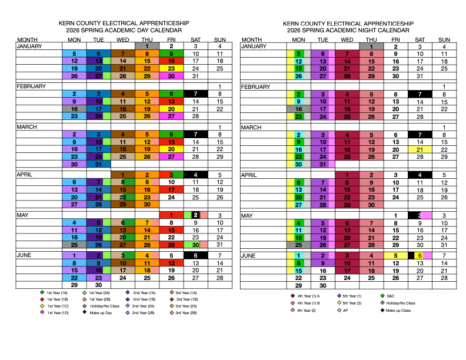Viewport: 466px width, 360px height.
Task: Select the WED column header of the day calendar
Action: pyautogui.click(x=123, y=39)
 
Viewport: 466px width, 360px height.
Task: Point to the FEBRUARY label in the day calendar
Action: pyautogui.click(x=31, y=86)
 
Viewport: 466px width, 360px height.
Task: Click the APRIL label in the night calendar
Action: pyautogui.click(x=251, y=175)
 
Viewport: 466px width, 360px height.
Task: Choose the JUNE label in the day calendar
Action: pyautogui.click(x=26, y=256)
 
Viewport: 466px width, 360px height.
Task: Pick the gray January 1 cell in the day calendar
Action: pyautogui.click(x=147, y=46)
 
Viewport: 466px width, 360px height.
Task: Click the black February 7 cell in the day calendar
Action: pyautogui.click(x=195, y=94)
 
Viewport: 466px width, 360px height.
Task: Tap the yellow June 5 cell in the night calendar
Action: pyautogui.click(x=395, y=255)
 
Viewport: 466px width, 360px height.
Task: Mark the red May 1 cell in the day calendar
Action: pyautogui.click(x=171, y=215)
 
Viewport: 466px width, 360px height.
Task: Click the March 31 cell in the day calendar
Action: pyautogui.click(x=99, y=165)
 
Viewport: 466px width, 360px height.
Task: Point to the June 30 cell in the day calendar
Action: pyautogui.click(x=99, y=285)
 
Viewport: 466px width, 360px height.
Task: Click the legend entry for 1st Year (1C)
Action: pyautogui.click(x=58, y=306)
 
